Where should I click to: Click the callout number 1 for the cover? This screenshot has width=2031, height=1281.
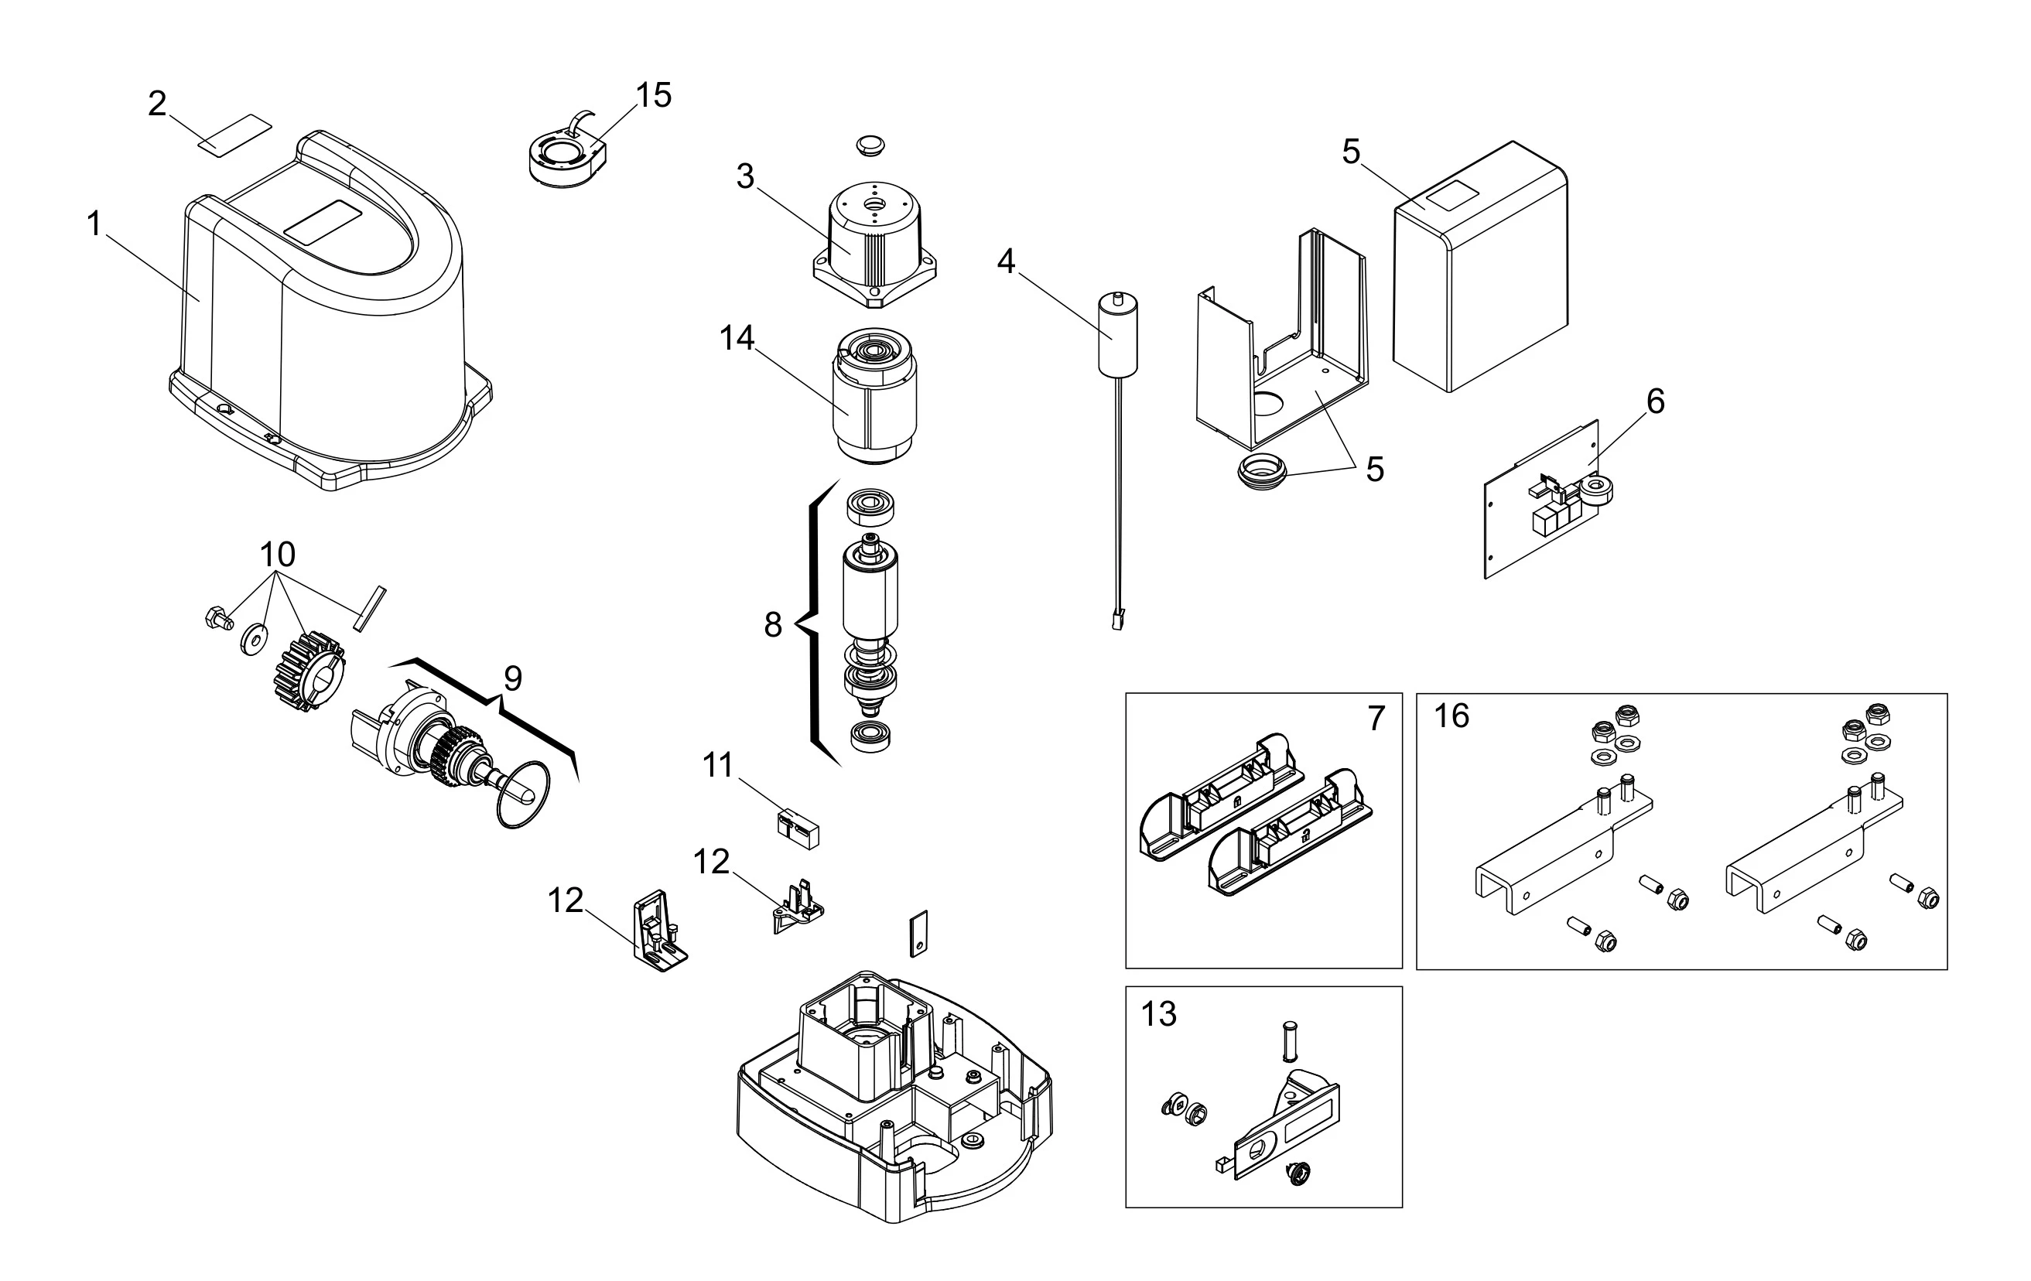pos(94,224)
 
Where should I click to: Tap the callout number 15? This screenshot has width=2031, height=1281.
pos(653,96)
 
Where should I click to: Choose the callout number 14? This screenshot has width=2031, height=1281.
pos(737,338)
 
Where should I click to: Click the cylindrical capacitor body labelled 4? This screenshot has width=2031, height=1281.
pos(1117,334)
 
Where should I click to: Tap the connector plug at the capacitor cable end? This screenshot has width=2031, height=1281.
pos(1118,620)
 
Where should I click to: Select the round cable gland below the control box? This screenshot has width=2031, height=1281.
pos(1263,470)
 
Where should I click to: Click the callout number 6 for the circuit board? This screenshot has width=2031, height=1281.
pos(1656,401)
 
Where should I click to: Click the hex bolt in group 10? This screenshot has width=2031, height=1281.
pos(217,619)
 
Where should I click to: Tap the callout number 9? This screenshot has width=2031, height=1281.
pos(513,678)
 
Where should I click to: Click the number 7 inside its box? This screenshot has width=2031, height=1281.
pos(1376,719)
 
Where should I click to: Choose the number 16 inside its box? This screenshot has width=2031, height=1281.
pos(1451,716)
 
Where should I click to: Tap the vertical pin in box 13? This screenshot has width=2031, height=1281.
pos(1289,1042)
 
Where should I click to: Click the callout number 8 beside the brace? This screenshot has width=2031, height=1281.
pos(773,625)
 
